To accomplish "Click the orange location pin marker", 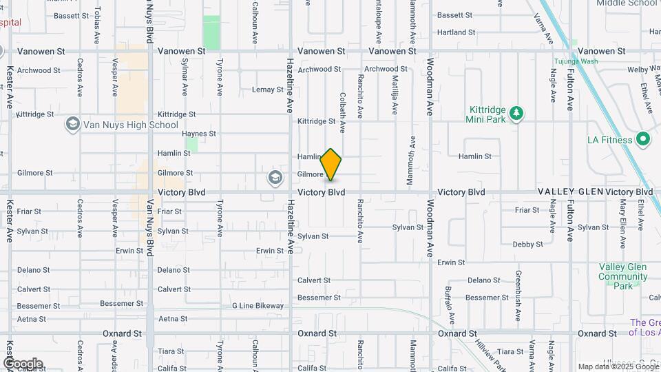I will point(331,165).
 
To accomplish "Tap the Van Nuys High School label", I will point(131,125).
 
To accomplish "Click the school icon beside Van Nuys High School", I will point(72,124).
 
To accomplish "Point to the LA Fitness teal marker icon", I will point(643,140).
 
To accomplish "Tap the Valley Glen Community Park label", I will point(623,276).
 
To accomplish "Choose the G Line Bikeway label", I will point(258,305).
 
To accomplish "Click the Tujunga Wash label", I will point(576,61).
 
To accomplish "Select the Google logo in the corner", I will point(23,363).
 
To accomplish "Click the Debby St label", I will point(528,244).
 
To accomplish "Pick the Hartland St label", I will point(457,32).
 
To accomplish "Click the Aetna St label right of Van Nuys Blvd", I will point(173,318).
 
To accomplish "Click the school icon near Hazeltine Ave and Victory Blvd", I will point(275,178).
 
